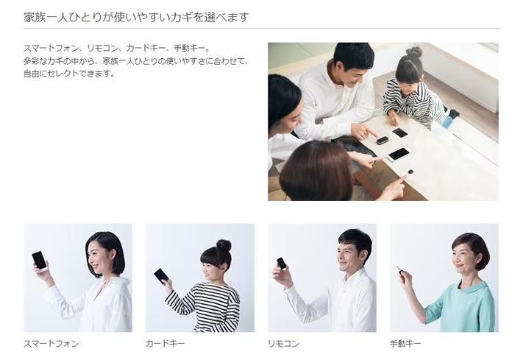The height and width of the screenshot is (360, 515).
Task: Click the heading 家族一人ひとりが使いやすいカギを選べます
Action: point(136,17)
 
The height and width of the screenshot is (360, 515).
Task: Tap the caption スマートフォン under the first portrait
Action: point(51,343)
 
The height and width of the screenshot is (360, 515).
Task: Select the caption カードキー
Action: point(166,343)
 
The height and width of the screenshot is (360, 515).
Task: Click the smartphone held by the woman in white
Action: point(39,260)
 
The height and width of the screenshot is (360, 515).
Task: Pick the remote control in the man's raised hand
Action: point(281,263)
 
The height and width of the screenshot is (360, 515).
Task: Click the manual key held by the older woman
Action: point(399,271)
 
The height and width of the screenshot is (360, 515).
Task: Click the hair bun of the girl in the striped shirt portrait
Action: point(224,245)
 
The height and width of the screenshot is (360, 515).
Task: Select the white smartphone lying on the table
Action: point(398,154)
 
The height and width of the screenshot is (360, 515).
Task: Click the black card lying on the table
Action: point(400,133)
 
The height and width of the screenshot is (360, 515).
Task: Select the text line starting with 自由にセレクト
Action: point(70,74)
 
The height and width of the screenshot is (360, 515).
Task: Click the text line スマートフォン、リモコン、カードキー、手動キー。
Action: point(117,49)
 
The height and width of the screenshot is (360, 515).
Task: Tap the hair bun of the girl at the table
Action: point(414,52)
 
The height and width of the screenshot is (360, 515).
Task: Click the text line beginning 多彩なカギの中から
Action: point(136,61)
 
